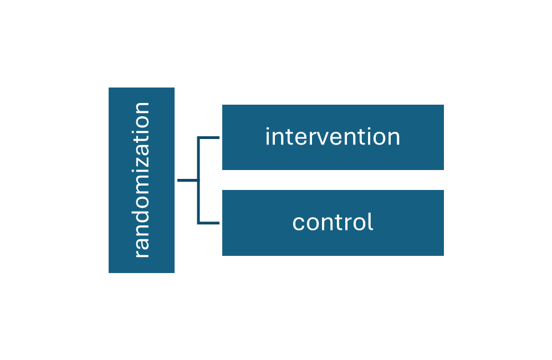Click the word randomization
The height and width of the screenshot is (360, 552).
click(x=142, y=180)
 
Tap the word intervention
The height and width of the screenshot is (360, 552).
click(x=333, y=137)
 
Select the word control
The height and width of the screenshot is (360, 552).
click(x=333, y=223)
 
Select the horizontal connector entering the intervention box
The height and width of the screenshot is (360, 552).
click(x=209, y=137)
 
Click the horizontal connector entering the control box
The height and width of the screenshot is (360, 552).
click(x=209, y=223)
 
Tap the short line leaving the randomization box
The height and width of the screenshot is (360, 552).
click(x=187, y=181)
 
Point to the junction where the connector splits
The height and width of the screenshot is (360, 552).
click(x=198, y=181)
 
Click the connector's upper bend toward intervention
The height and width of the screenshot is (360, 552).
click(x=198, y=137)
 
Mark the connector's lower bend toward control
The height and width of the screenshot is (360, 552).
click(x=198, y=223)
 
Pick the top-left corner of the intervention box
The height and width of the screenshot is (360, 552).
click(x=221, y=104)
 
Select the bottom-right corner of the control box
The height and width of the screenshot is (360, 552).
click(x=445, y=257)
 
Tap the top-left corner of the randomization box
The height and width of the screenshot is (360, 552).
click(x=108, y=86)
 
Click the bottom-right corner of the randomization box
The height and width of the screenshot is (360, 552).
click(x=176, y=274)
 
